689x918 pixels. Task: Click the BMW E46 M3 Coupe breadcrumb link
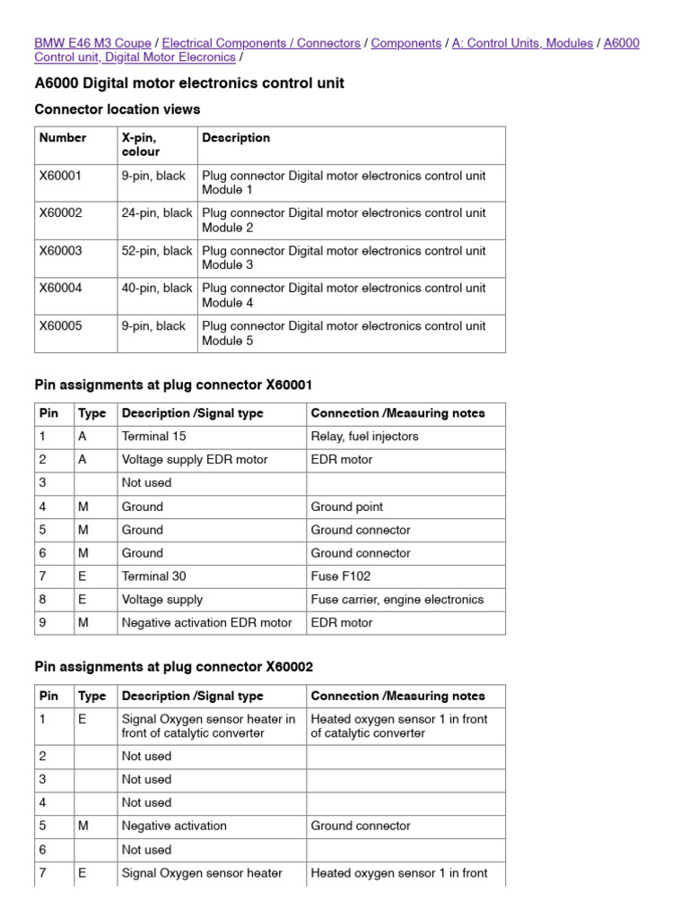pos(92,43)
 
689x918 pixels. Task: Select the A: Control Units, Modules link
pos(522,43)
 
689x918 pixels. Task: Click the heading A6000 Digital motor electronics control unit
pos(189,83)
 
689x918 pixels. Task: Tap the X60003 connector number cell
pos(61,251)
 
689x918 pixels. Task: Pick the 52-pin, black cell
pos(157,251)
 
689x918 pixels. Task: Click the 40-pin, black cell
pos(157,289)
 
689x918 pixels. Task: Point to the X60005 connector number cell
pos(61,326)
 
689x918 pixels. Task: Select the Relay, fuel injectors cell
pos(364,437)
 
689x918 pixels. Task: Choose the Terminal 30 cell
pos(154,576)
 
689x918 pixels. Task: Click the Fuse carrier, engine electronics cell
pos(397,600)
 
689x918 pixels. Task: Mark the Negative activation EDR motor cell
pos(207,623)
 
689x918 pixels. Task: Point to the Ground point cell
pos(346,507)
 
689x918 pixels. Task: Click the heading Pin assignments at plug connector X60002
pos(174,667)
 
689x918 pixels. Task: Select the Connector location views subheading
pos(118,109)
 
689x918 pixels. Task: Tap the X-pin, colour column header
pos(142,145)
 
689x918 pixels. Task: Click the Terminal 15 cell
pos(154,437)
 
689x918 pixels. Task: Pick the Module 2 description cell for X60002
pos(344,221)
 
